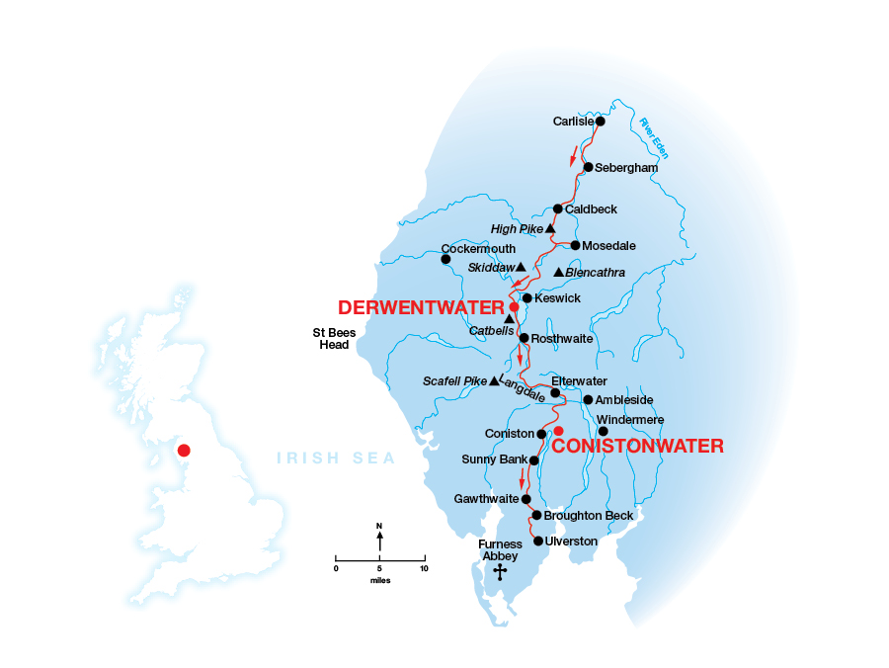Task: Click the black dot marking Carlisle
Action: (600, 122)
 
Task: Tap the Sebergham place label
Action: (626, 168)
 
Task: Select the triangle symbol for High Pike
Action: (550, 228)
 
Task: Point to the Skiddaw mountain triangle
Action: (521, 267)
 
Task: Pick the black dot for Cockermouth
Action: (445, 260)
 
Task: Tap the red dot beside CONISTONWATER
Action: (558, 431)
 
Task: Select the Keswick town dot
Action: (527, 297)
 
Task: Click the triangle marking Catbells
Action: (509, 319)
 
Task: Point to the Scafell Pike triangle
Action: (494, 381)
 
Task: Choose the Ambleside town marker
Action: (588, 400)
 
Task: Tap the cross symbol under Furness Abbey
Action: (499, 573)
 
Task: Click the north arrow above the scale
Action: (380, 540)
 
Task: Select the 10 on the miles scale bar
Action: (424, 569)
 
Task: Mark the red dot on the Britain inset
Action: (183, 451)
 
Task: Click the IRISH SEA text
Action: (336, 459)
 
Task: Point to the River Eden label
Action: (654, 138)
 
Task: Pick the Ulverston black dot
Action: (538, 541)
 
